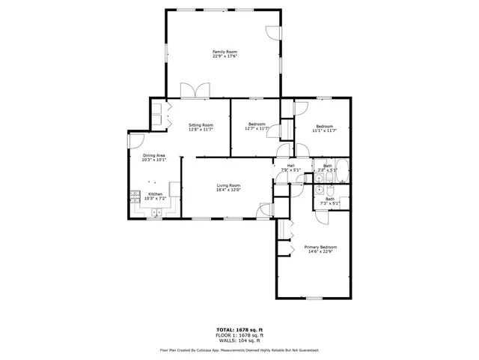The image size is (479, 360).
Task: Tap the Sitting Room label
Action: [201, 124]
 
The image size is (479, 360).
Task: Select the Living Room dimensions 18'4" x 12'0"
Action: [228, 190]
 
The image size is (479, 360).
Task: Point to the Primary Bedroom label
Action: [320, 247]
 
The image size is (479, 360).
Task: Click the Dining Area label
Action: [153, 155]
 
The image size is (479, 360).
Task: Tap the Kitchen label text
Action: [155, 193]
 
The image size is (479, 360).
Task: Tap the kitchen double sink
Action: [156, 213]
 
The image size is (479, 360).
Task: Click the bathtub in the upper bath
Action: [341, 167]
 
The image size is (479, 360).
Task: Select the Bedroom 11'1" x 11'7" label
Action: [324, 126]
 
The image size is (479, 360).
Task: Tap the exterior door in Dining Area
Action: [135, 139]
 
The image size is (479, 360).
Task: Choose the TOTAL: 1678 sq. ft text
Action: [239, 329]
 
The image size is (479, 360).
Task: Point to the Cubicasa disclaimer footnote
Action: [239, 349]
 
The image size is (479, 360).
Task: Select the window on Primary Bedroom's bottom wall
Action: [314, 298]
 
